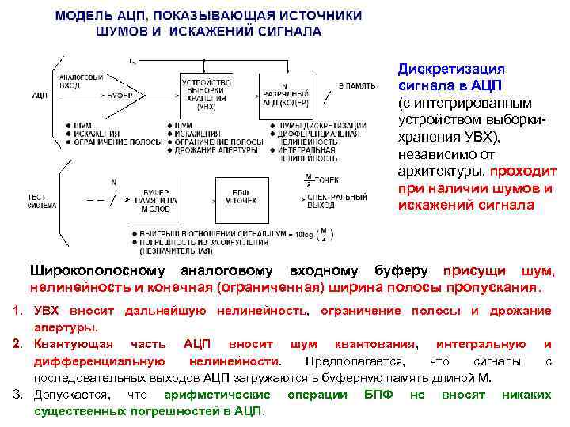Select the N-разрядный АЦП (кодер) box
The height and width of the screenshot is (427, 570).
pos(285,95)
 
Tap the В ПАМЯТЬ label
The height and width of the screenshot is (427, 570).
pos(356,85)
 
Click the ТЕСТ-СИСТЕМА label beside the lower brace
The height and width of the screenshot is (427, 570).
pos(40,200)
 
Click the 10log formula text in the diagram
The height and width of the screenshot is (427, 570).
pos(303,234)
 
